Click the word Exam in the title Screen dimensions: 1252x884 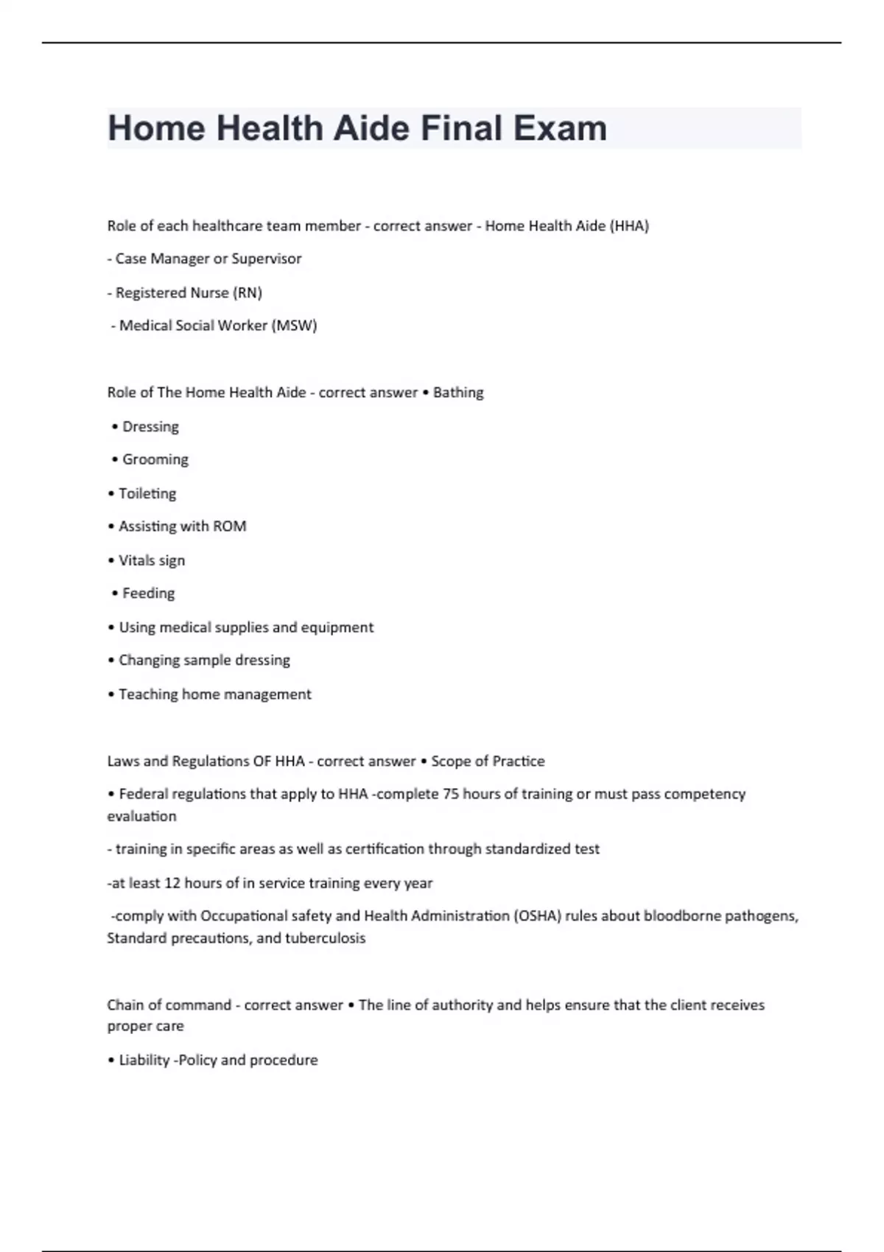coord(560,128)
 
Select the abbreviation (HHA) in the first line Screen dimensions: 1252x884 coord(629,226)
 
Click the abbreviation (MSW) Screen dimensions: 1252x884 coord(294,326)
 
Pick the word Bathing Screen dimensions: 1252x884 coord(458,393)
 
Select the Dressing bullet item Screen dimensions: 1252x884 coord(150,426)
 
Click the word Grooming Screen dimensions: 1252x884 coord(155,460)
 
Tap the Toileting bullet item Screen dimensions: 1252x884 coord(147,493)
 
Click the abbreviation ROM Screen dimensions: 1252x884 coord(229,526)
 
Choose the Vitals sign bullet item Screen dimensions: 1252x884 coord(152,560)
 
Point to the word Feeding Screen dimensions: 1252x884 coord(149,593)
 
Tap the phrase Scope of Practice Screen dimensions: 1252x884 coord(488,761)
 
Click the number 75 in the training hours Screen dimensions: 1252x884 coord(450,794)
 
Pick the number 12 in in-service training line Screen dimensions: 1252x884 coord(172,883)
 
